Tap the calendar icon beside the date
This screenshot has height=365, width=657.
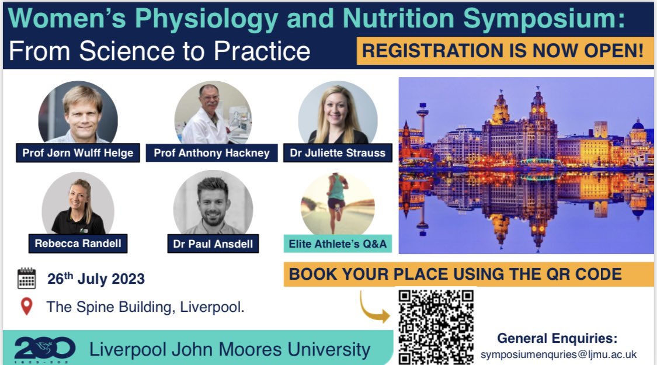[x=26, y=279]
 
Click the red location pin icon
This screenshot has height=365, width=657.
[x=26, y=306]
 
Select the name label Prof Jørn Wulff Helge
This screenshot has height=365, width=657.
[x=78, y=154]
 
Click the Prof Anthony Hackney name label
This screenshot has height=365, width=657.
[x=211, y=153]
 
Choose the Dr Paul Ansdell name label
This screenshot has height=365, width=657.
[x=213, y=244]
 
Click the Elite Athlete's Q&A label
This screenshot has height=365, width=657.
[x=338, y=244]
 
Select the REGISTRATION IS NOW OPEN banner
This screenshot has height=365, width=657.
[x=505, y=51]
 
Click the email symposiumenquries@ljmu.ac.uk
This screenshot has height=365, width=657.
[x=558, y=354]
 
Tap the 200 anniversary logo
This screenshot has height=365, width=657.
[x=44, y=349]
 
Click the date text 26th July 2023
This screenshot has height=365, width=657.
[x=96, y=279]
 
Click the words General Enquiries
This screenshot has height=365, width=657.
[x=557, y=339]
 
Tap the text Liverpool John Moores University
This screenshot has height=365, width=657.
[x=230, y=349]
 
